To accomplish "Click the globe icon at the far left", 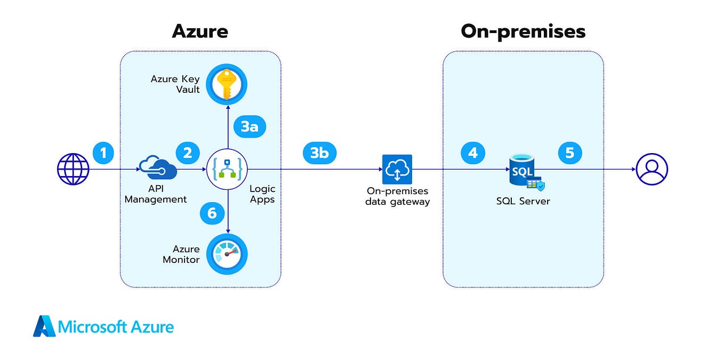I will pos(73,169).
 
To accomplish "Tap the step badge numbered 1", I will pos(104,153).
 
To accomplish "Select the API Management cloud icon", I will pos(158,169).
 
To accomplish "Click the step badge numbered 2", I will pos(187,153).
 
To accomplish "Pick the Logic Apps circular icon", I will pos(228,170).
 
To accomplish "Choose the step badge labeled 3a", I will pos(250,126).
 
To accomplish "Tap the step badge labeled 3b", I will pos(319,153).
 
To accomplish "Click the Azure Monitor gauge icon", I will pos(228,254).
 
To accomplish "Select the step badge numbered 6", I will pos(212,213).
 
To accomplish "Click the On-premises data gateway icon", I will pos(397,169).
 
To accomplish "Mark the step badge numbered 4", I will pos(473,153).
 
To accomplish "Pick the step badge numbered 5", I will pos(570,153).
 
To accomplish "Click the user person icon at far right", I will pos(651,169).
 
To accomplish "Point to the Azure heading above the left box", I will pos(200,31).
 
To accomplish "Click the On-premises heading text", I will pos(523,31).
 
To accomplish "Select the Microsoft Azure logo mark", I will pos(44,326).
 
